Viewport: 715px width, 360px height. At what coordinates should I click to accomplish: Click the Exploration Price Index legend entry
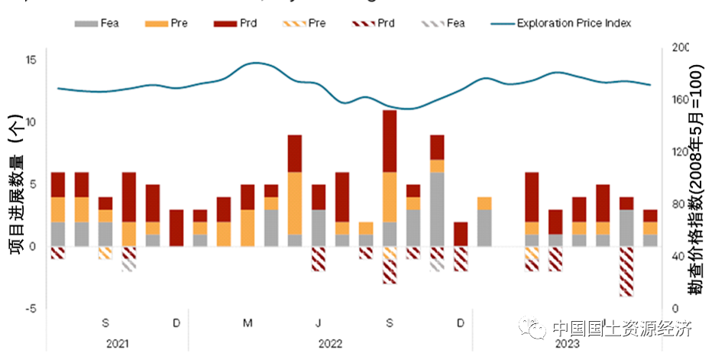(574, 23)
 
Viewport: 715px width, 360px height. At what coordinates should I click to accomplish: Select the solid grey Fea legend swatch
(86, 24)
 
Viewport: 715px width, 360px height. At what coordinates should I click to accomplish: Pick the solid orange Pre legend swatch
(154, 24)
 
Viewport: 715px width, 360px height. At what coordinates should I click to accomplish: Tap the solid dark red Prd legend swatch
(223, 24)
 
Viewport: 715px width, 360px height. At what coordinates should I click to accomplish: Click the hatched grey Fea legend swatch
(432, 24)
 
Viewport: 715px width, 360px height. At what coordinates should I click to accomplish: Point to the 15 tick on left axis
(31, 60)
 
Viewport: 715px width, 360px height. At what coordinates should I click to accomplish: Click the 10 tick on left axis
(31, 122)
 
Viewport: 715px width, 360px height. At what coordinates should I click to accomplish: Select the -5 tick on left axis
(31, 309)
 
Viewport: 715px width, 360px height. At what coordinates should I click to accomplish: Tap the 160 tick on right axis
(680, 99)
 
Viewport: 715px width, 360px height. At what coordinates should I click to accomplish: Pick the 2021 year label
(117, 343)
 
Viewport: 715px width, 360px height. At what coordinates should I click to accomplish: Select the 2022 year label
(330, 343)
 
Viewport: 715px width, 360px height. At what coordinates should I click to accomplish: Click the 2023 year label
(567, 343)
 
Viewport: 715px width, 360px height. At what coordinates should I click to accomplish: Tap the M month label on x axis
(248, 323)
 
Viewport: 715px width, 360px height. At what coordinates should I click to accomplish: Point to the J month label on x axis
(319, 323)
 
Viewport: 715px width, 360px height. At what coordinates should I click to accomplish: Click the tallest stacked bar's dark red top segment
(390, 141)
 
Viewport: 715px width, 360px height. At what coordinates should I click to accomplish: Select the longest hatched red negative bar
(626, 271)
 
